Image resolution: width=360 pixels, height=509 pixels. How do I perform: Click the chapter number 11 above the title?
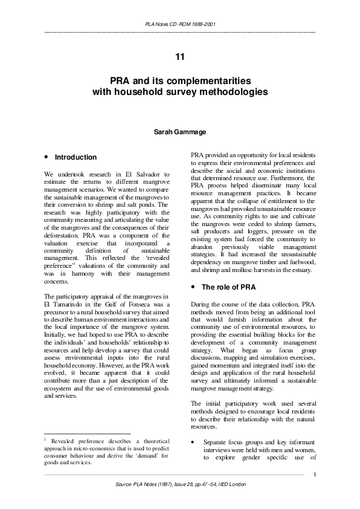click(x=179, y=57)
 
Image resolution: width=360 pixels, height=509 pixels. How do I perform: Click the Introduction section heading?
click(x=76, y=157)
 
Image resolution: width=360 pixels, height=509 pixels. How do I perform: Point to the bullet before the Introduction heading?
click(x=47, y=157)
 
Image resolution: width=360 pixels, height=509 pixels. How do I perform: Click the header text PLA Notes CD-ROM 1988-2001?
click(x=180, y=24)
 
